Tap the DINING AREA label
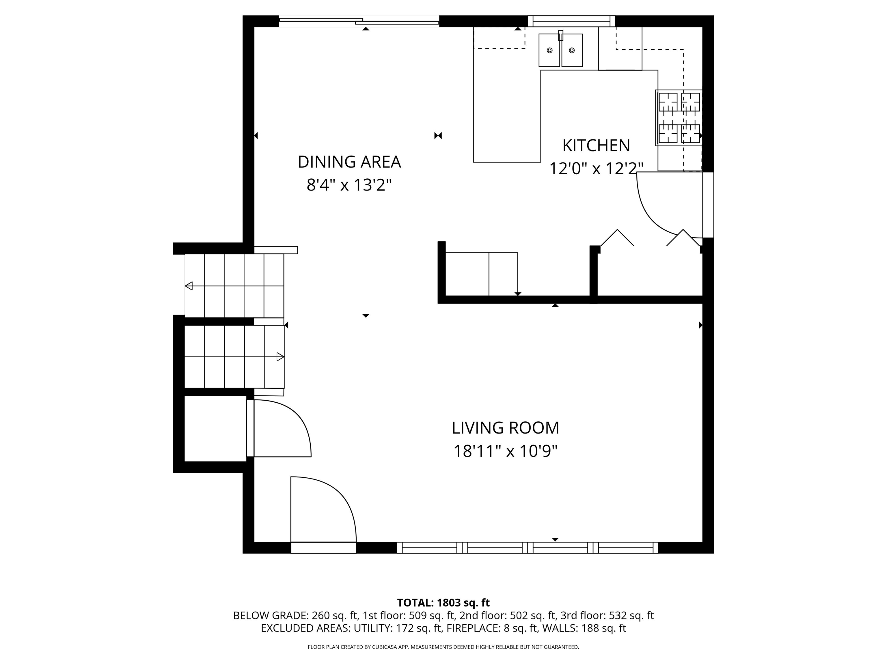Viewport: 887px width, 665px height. [349, 162]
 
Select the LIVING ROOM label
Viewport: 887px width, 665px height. [505, 428]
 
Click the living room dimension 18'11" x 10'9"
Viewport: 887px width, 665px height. [505, 451]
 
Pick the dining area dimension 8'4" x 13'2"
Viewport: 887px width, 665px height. [349, 185]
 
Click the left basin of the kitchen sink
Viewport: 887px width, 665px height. [549, 50]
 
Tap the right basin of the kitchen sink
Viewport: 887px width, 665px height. [572, 50]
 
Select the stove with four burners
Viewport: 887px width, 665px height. [679, 118]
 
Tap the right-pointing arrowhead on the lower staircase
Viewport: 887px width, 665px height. [281, 357]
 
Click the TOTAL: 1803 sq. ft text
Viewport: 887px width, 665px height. [443, 602]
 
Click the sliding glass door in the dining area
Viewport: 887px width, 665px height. [359, 21]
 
